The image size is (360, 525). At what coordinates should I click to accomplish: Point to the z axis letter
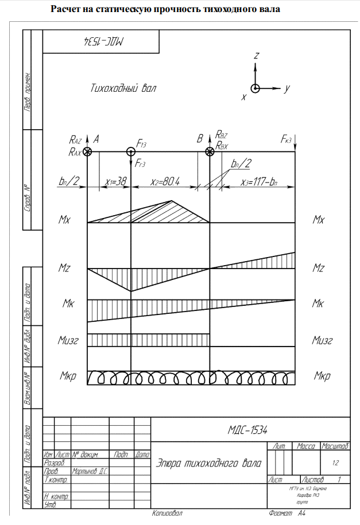click(257, 56)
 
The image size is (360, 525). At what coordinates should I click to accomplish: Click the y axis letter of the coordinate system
click(287, 88)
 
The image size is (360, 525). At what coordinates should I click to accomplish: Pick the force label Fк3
click(288, 139)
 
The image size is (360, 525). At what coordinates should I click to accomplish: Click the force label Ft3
click(141, 143)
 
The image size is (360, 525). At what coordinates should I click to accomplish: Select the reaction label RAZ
click(76, 139)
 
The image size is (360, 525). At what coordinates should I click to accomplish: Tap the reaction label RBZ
click(222, 135)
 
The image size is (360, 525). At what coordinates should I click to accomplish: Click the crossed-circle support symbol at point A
click(87, 152)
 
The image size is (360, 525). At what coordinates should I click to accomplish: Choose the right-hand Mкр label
click(323, 376)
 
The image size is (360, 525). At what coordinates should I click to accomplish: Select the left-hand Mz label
click(64, 268)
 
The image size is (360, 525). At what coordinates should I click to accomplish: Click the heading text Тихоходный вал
click(123, 88)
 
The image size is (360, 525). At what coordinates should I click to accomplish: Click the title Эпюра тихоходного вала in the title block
click(209, 463)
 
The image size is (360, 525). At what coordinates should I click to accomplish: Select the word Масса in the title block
click(307, 446)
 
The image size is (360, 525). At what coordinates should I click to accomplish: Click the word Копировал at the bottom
click(167, 514)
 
